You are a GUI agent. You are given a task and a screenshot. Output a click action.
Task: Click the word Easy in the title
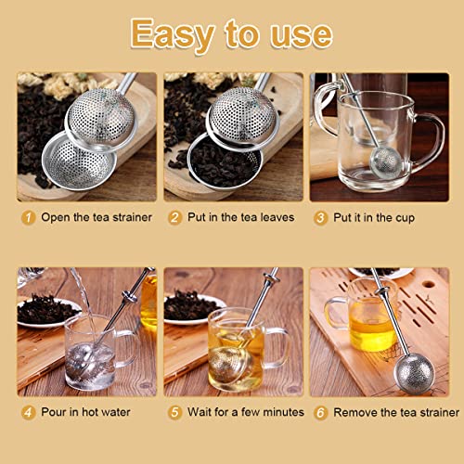tap(173, 34)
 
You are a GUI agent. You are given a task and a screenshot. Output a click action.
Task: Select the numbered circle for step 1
tap(28, 217)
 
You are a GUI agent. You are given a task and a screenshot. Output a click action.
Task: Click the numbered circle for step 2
tap(174, 217)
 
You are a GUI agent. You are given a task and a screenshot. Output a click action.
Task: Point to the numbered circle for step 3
tap(320, 218)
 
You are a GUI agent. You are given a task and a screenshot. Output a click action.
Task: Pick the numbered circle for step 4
tap(28, 412)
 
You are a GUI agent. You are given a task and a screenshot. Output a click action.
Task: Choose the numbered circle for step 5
tap(174, 412)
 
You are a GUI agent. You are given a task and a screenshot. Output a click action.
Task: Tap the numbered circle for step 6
tap(320, 413)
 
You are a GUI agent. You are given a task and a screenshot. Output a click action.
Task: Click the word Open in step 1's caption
tap(56, 218)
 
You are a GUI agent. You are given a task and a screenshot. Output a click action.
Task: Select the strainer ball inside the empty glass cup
tap(386, 161)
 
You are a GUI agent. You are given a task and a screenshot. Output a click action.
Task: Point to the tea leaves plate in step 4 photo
tap(46, 311)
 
